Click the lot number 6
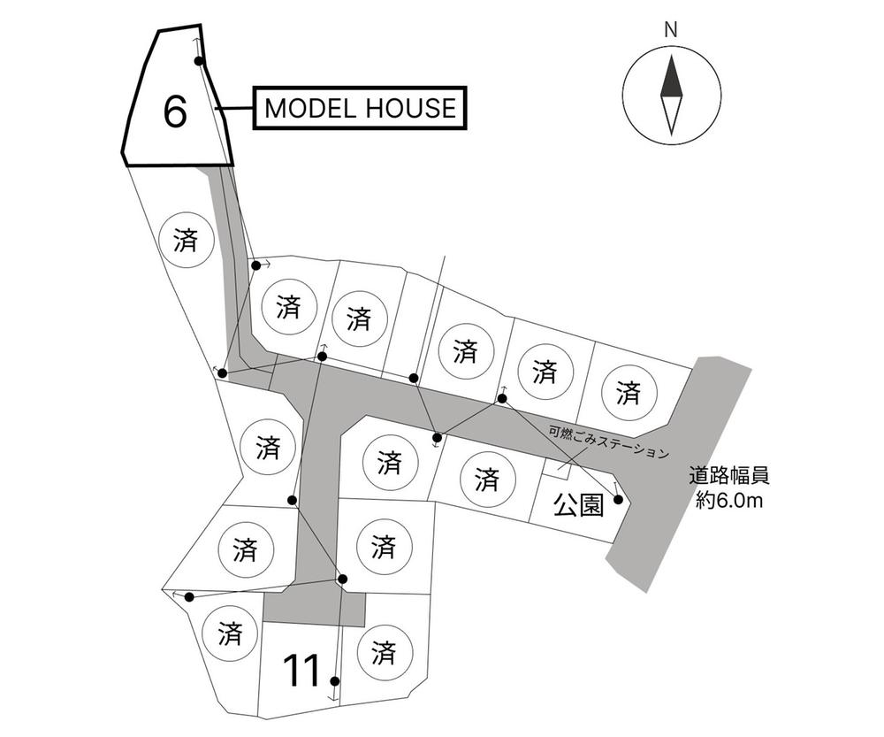coord(174,111)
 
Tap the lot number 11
coord(301,671)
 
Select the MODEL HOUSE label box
coord(360,108)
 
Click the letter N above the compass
coord(670,30)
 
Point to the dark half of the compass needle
coord(671,75)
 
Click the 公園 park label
coord(578,504)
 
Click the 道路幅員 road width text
coord(728,476)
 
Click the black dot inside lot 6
coord(198,61)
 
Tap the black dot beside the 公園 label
coord(618,499)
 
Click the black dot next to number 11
coord(335,681)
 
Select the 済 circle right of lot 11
coord(384,652)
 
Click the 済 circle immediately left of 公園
coord(486,480)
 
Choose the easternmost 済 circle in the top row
coord(629,392)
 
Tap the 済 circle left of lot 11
coord(230,633)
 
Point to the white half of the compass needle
coord(672,115)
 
